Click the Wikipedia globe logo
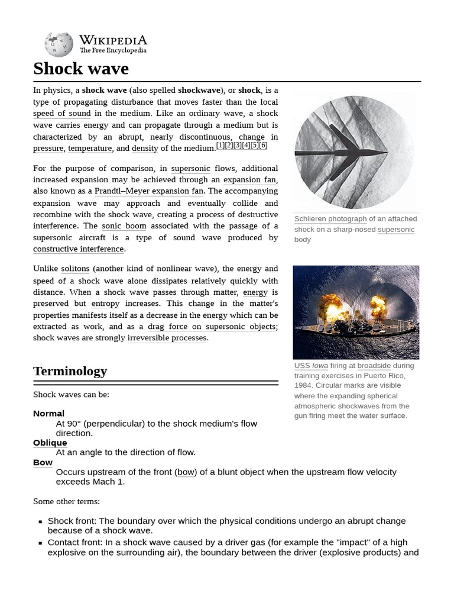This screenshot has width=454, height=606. click(59, 45)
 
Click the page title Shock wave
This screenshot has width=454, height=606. click(81, 69)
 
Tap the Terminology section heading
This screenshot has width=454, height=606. click(70, 371)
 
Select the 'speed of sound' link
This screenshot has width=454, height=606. click(62, 114)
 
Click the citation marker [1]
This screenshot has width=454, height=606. click(220, 146)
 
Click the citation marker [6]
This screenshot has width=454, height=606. click(263, 146)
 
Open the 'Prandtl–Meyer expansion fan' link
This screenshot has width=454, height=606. click(149, 191)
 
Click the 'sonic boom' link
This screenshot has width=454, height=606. click(124, 226)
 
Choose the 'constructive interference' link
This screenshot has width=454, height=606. click(78, 249)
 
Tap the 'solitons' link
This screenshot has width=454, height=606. click(75, 269)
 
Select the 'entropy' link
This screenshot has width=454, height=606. click(105, 304)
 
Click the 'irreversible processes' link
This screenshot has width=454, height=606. click(167, 338)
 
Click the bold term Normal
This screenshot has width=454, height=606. click(48, 414)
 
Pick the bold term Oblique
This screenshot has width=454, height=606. click(50, 443)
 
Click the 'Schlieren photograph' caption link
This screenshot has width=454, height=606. click(330, 219)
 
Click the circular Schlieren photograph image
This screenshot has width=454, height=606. click(354, 153)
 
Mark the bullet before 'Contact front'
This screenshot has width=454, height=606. click(40, 543)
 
